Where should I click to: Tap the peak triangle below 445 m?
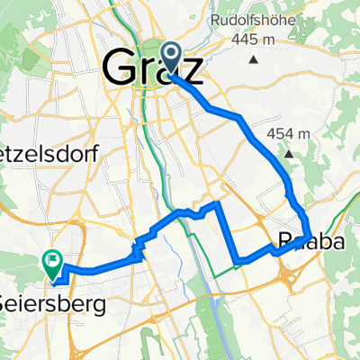[254, 60]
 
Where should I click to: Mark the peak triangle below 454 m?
[290, 154]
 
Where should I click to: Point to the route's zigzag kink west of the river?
[139, 249]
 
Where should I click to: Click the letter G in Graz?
[120, 68]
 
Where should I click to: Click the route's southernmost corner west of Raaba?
[237, 263]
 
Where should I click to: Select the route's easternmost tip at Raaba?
[311, 237]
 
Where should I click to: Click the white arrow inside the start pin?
[171, 53]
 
